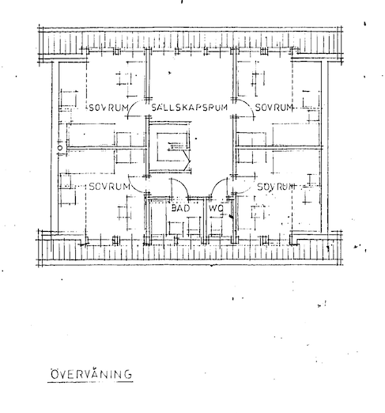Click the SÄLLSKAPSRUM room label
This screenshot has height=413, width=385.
pyautogui.click(x=189, y=108)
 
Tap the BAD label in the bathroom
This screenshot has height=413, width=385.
pyautogui.click(x=180, y=208)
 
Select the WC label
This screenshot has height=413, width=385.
pyautogui.click(x=216, y=208)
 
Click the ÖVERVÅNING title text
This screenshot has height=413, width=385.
pyautogui.click(x=91, y=374)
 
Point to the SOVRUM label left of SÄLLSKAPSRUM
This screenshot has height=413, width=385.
pyautogui.click(x=108, y=108)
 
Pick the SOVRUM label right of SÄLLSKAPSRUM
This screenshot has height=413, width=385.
pyautogui.click(x=274, y=108)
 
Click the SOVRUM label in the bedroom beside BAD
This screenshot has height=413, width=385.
pyautogui.click(x=110, y=187)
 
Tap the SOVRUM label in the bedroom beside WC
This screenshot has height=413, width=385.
pyautogui.click(x=276, y=187)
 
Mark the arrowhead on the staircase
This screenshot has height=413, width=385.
pyautogui.click(x=187, y=161)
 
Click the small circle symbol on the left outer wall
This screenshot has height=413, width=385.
pyautogui.click(x=60, y=148)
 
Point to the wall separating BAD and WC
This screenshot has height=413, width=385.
pyautogui.click(x=205, y=220)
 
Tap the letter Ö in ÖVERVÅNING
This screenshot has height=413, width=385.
pyautogui.click(x=55, y=374)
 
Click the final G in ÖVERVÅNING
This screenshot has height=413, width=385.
pyautogui.click(x=128, y=374)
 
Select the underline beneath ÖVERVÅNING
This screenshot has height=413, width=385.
pyautogui.click(x=90, y=381)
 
